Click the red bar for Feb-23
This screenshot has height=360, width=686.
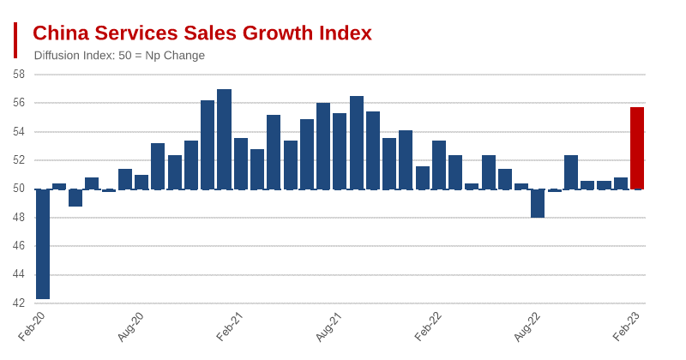(x=636, y=147)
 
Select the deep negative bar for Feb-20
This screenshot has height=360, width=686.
(x=43, y=244)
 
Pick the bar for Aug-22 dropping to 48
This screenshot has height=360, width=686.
(x=538, y=203)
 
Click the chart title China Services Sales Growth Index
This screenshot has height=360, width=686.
(x=202, y=33)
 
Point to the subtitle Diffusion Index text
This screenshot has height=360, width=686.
(x=119, y=56)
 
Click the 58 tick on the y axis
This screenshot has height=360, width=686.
(x=19, y=75)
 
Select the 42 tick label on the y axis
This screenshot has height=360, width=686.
(x=19, y=303)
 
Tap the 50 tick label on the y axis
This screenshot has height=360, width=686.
(x=19, y=189)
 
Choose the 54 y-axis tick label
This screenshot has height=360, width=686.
(x=19, y=132)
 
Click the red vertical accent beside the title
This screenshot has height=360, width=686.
(x=15, y=40)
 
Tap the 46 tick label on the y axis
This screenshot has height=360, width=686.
(x=19, y=246)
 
